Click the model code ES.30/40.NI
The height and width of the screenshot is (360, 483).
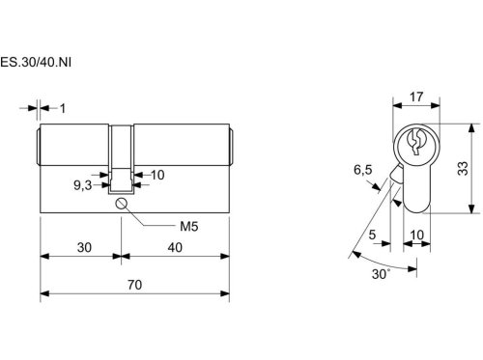pyautogui.click(x=36, y=62)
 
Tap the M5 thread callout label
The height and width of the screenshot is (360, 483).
pyautogui.click(x=188, y=227)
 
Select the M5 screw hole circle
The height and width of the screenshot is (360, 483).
pyautogui.click(x=121, y=204)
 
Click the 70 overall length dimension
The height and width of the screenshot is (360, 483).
pyautogui.click(x=134, y=285)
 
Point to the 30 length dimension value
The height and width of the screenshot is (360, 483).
pyautogui.click(x=84, y=247)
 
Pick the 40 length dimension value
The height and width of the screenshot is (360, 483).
pyautogui.click(x=175, y=247)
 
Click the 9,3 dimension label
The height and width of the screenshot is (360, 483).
pyautogui.click(x=83, y=185)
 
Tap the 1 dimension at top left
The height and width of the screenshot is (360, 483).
pyautogui.click(x=63, y=108)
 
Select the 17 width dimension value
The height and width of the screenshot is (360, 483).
pyautogui.click(x=416, y=97)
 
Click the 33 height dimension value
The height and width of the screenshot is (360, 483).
pyautogui.click(x=463, y=168)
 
